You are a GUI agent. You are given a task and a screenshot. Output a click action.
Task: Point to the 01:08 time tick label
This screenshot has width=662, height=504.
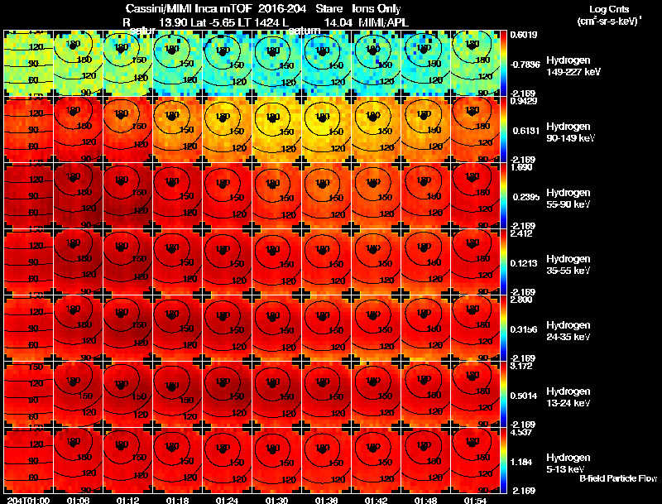pyautogui.click(x=78, y=500)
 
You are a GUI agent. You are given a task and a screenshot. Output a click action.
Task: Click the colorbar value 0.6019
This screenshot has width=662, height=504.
pyautogui.click(x=523, y=35)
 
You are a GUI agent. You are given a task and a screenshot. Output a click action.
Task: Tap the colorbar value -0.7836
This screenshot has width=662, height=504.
pyautogui.click(x=523, y=65)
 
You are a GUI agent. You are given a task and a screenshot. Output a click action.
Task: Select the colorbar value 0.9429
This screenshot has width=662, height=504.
pyautogui.click(x=523, y=102)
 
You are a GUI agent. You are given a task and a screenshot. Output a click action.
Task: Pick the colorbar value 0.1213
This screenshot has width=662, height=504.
pyautogui.click(x=523, y=263)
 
